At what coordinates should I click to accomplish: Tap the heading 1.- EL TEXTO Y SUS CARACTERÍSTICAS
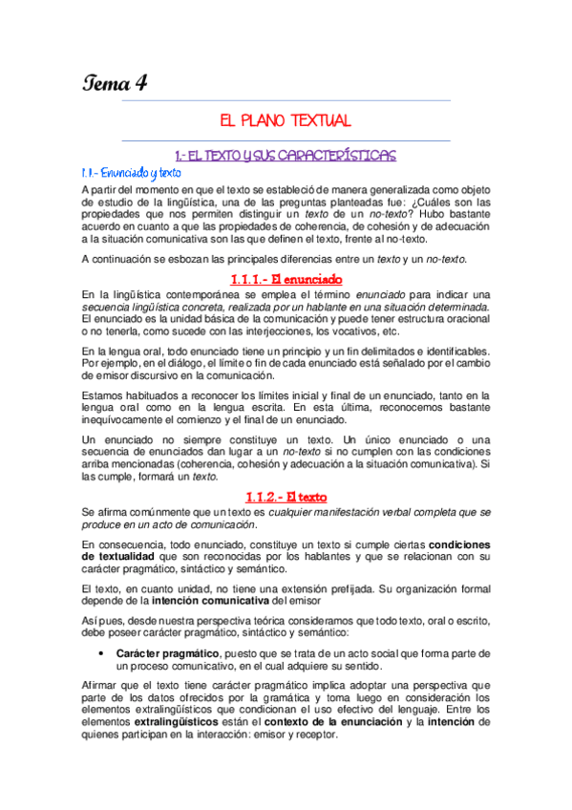pyautogui.click(x=286, y=154)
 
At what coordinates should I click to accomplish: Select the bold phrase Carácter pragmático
pyautogui.click(x=160, y=652)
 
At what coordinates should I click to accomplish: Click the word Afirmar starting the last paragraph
pyautogui.click(x=102, y=686)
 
